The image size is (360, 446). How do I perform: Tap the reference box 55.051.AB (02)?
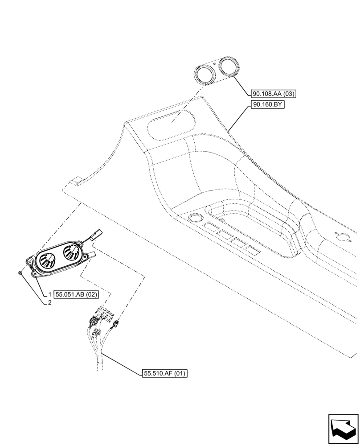[76, 294]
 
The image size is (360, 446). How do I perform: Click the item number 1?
[50, 294]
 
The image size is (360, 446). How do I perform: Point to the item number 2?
[50, 302]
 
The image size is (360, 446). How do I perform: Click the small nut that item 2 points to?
[21, 272]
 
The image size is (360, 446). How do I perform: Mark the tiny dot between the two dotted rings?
[214, 64]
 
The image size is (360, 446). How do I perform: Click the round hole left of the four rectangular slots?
[194, 218]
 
